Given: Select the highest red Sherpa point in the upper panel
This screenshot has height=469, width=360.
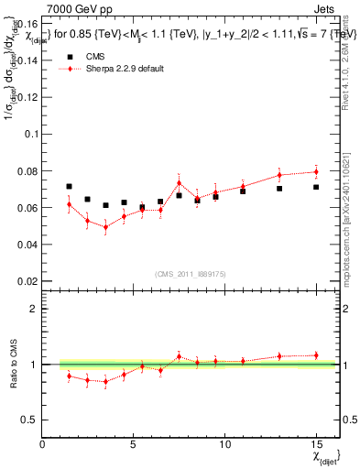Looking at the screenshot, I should (x=316, y=171).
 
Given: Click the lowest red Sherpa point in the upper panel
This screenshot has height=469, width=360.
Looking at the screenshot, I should (x=105, y=227).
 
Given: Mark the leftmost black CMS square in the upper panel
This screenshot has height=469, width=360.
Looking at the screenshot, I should (x=70, y=187).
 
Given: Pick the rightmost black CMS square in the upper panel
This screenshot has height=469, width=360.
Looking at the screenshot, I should (x=316, y=187).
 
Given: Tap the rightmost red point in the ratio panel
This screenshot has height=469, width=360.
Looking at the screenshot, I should (x=316, y=355).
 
